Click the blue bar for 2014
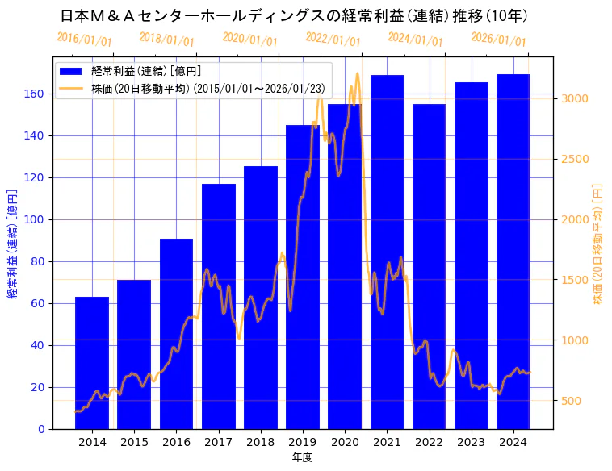point(92,363)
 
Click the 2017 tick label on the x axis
point(218,442)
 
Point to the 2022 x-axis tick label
point(429,442)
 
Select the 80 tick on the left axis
point(37,261)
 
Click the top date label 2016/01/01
point(84,39)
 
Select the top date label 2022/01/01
point(333,39)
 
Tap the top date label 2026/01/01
point(498,39)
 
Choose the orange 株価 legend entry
point(185,88)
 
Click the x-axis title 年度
point(303,457)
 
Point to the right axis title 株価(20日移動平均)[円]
point(598,243)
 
